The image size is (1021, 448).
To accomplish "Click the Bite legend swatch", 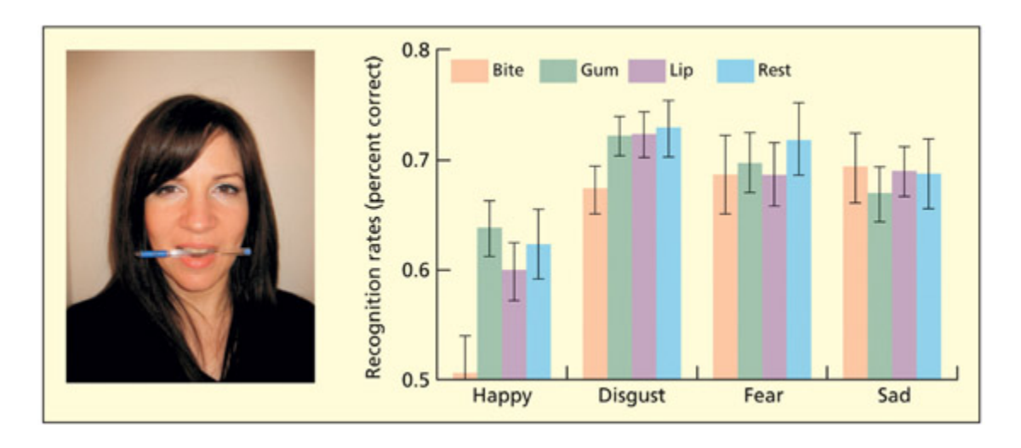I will [467, 71].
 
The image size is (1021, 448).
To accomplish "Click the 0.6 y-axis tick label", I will [416, 270].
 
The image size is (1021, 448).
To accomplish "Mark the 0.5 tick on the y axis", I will [416, 379].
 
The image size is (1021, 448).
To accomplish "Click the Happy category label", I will [501, 397].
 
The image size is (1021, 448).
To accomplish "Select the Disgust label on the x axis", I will [631, 397].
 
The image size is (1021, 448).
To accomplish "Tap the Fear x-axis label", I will [762, 397].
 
